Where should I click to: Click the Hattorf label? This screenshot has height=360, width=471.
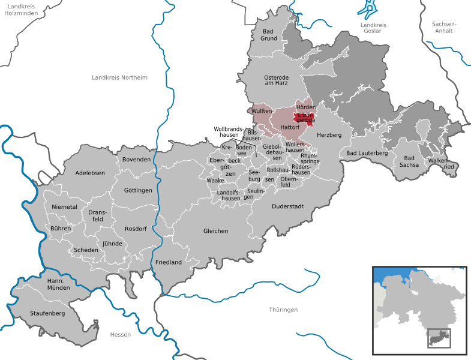(290, 127)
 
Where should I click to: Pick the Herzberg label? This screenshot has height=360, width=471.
(329, 135)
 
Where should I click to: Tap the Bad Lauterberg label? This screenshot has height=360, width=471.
(367, 154)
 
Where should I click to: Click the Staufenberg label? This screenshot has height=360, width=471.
(49, 313)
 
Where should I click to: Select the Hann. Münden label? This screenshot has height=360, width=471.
(58, 284)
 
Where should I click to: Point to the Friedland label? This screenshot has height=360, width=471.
(169, 262)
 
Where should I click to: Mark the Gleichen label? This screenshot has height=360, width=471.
(215, 231)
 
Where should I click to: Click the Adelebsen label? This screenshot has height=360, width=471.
(91, 173)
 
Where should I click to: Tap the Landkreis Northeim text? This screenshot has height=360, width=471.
(119, 77)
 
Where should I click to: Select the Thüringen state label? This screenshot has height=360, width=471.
(283, 310)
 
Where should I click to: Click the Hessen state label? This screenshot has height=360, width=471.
(120, 334)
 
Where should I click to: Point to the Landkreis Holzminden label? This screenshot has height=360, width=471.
(17, 10)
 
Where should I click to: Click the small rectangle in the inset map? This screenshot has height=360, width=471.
(439, 338)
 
